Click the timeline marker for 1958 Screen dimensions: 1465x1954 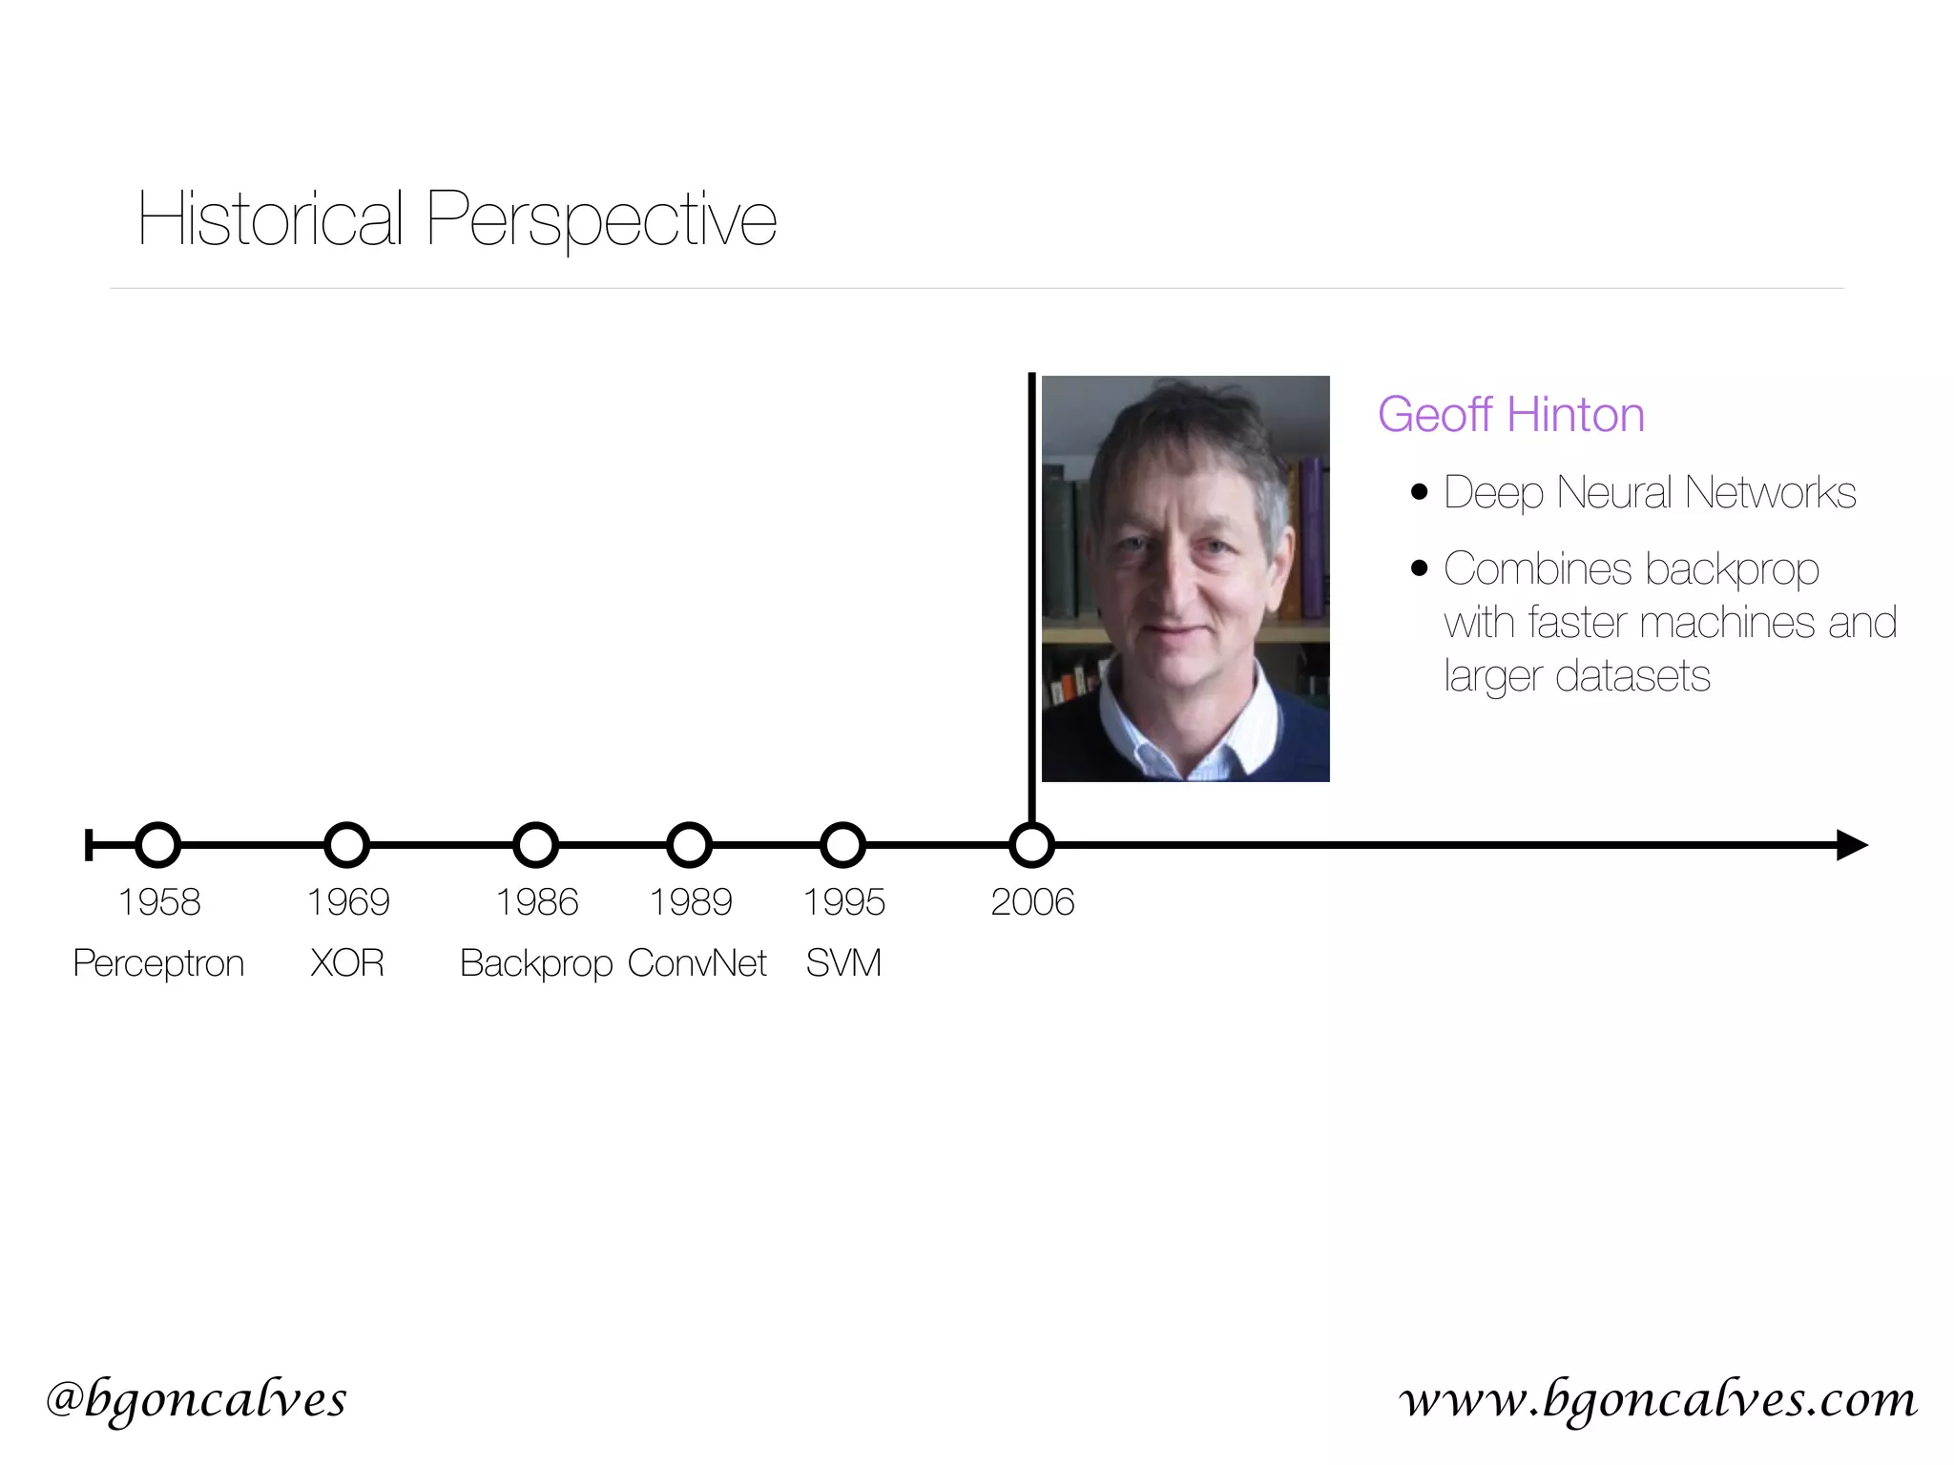(x=158, y=845)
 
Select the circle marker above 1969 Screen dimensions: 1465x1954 (x=347, y=845)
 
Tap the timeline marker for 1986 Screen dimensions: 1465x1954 (x=536, y=845)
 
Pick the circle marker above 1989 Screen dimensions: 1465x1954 (x=690, y=845)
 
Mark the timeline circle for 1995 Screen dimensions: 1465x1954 (x=843, y=845)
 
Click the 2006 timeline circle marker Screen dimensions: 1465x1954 (x=1032, y=845)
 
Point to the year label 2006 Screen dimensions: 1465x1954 (x=1032, y=902)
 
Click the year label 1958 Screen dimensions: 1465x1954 (x=159, y=902)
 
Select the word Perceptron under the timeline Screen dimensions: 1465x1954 (x=158, y=963)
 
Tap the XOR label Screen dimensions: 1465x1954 (x=347, y=963)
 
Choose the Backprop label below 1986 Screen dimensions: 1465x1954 (x=536, y=963)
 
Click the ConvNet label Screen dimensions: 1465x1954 (x=697, y=963)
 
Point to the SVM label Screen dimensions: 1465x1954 (x=843, y=963)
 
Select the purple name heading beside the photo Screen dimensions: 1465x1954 (x=1511, y=415)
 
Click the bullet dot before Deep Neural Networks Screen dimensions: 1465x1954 (x=1420, y=492)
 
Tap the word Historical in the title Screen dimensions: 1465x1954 (x=271, y=219)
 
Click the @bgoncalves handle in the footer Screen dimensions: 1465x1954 (x=197, y=1400)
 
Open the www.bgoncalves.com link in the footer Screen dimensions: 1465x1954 (x=1658, y=1400)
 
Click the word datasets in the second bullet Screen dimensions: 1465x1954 (x=1632, y=676)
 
